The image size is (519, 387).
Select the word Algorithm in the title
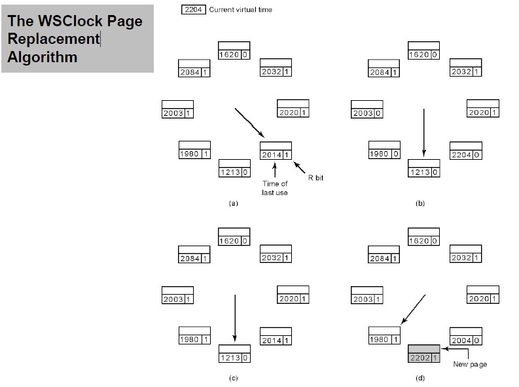tap(43, 57)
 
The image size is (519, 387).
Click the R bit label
tap(315, 177)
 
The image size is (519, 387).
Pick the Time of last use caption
tap(275, 188)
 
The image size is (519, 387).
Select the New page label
tap(470, 364)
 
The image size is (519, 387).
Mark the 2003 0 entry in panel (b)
tap(367, 113)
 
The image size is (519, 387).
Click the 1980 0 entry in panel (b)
tap(384, 155)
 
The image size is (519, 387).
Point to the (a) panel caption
tap(233, 204)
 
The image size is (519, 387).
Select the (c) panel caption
tap(233, 378)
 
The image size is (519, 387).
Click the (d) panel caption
tap(420, 378)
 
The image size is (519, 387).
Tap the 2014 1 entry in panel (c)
tap(276, 341)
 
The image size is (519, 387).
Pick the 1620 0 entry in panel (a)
tap(234, 55)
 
